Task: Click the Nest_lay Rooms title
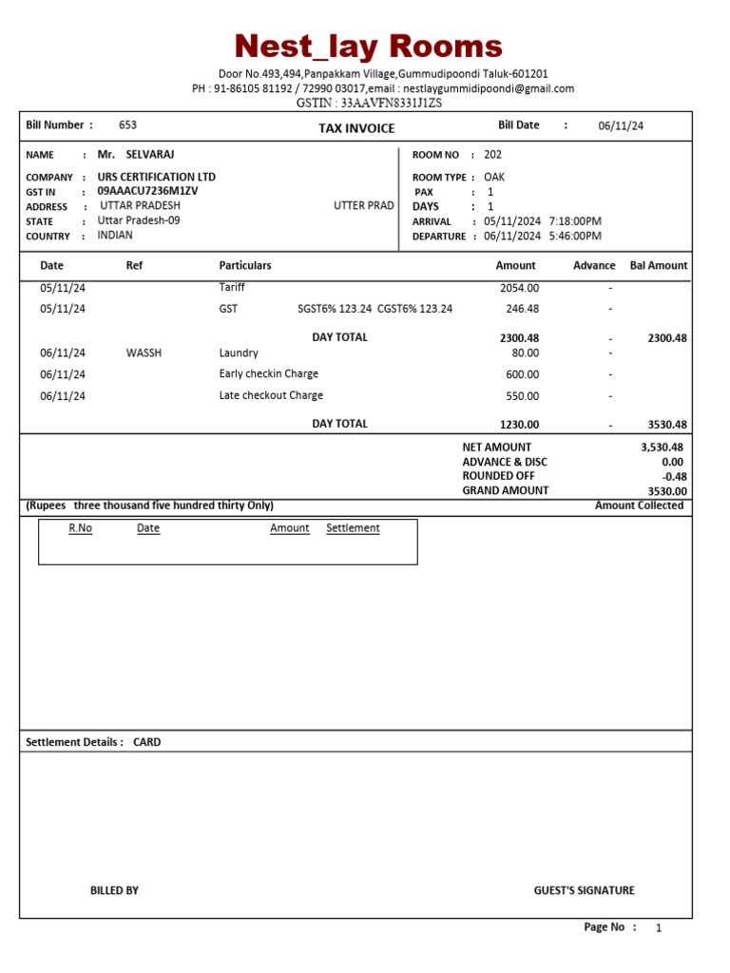click(369, 46)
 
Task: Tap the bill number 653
click(127, 125)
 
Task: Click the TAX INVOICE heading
click(356, 128)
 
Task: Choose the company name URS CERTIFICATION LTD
click(157, 177)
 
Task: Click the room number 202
click(493, 154)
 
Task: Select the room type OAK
click(494, 177)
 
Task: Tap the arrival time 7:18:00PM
click(575, 221)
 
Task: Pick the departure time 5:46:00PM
click(575, 236)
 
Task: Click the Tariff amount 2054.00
click(519, 288)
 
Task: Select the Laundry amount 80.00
click(525, 353)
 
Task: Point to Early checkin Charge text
click(269, 373)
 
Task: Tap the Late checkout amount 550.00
click(522, 396)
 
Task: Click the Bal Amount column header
click(659, 266)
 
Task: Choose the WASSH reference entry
click(144, 353)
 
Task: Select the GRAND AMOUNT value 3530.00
click(667, 491)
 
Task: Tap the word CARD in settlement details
click(147, 742)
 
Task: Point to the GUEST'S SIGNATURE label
click(584, 890)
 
